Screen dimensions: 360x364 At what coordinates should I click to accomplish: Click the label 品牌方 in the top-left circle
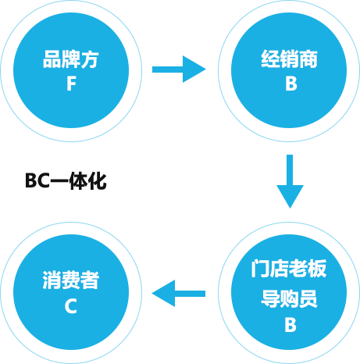pyautogui.click(x=71, y=59)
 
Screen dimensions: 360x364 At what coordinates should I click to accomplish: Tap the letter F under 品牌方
pyautogui.click(x=71, y=84)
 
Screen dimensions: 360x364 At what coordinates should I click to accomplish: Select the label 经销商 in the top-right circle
pyautogui.click(x=289, y=59)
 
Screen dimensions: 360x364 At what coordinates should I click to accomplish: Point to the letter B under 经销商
pyautogui.click(x=291, y=84)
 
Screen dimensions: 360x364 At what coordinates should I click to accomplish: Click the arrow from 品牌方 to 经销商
pyautogui.click(x=179, y=70)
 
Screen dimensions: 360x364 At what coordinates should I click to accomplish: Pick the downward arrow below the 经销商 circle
pyautogui.click(x=290, y=181)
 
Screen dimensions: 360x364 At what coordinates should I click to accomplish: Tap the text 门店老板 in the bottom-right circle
pyautogui.click(x=289, y=269)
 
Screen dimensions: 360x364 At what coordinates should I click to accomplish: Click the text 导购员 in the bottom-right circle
pyautogui.click(x=289, y=298)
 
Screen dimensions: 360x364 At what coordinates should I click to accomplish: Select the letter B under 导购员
pyautogui.click(x=290, y=325)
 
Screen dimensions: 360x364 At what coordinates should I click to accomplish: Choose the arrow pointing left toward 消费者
pyautogui.click(x=179, y=294)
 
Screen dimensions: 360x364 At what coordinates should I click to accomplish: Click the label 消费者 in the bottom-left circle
pyautogui.click(x=71, y=280)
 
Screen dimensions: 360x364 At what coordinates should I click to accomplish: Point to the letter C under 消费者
pyautogui.click(x=71, y=306)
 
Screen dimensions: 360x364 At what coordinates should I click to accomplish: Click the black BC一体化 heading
pyautogui.click(x=66, y=180)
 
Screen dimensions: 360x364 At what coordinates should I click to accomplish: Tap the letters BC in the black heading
pyautogui.click(x=37, y=180)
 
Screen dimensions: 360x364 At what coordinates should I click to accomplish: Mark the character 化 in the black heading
pyautogui.click(x=98, y=180)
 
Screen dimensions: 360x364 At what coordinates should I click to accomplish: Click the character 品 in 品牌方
pyautogui.click(x=52, y=59)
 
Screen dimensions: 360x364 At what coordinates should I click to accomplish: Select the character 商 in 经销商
pyautogui.click(x=308, y=59)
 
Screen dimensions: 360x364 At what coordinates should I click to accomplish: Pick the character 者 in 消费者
pyautogui.click(x=90, y=280)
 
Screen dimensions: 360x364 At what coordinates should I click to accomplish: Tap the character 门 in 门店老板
pyautogui.click(x=260, y=269)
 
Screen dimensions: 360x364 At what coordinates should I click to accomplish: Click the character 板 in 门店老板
pyautogui.click(x=317, y=269)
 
